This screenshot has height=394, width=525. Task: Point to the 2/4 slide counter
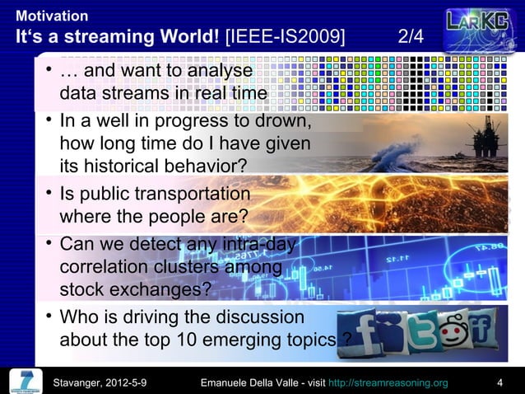point(411,38)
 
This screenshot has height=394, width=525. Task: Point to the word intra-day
point(259,245)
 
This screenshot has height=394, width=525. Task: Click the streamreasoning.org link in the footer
point(388,382)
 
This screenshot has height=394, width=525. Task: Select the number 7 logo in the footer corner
point(26,380)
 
